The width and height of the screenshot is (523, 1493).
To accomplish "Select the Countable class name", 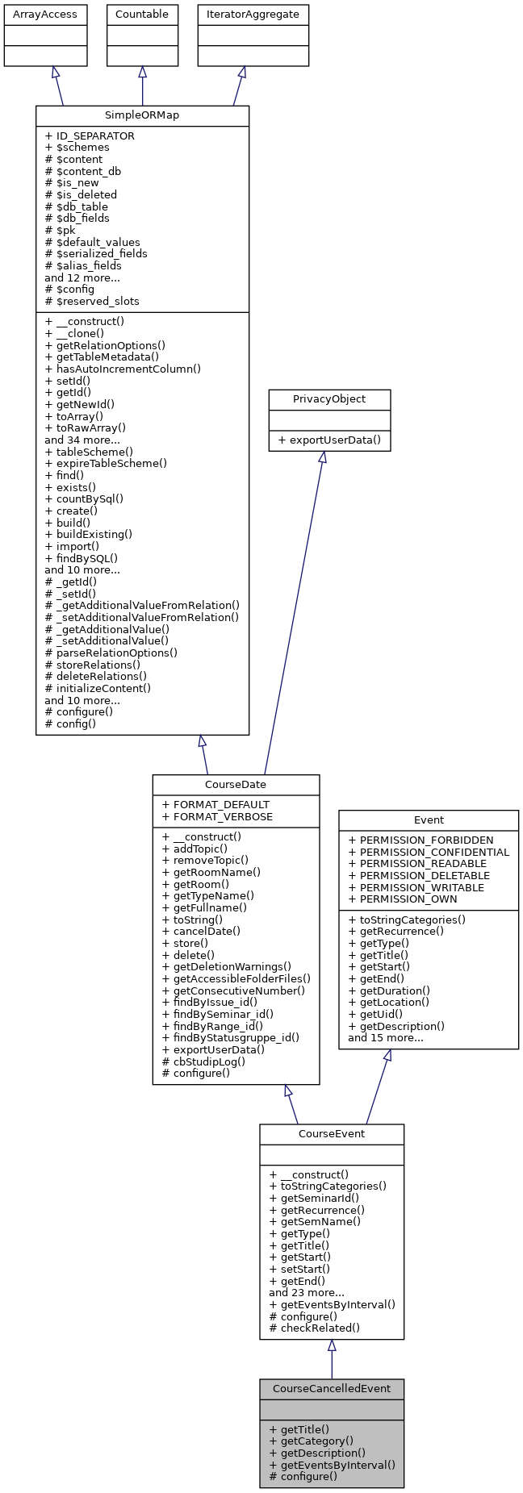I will (142, 15).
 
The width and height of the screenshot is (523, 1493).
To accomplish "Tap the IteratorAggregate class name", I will (253, 15).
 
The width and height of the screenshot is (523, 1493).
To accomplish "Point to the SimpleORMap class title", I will (142, 115).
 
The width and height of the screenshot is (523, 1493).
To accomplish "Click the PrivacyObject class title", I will (329, 399).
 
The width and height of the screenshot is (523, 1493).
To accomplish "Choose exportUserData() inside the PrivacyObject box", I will (329, 440).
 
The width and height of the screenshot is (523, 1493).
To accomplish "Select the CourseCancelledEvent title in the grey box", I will (332, 1388).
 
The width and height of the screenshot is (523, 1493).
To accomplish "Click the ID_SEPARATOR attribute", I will (90, 136).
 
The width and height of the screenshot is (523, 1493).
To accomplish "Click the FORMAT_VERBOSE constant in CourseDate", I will (217, 816).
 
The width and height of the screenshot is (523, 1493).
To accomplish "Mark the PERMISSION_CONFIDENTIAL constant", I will (429, 852).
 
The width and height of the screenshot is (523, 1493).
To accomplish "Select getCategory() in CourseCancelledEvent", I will (311, 1441).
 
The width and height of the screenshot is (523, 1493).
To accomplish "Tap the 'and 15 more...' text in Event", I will (386, 1037).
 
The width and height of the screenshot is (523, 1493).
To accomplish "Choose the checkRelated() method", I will (315, 1328).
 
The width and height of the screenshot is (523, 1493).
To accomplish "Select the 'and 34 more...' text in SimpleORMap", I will (82, 440).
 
